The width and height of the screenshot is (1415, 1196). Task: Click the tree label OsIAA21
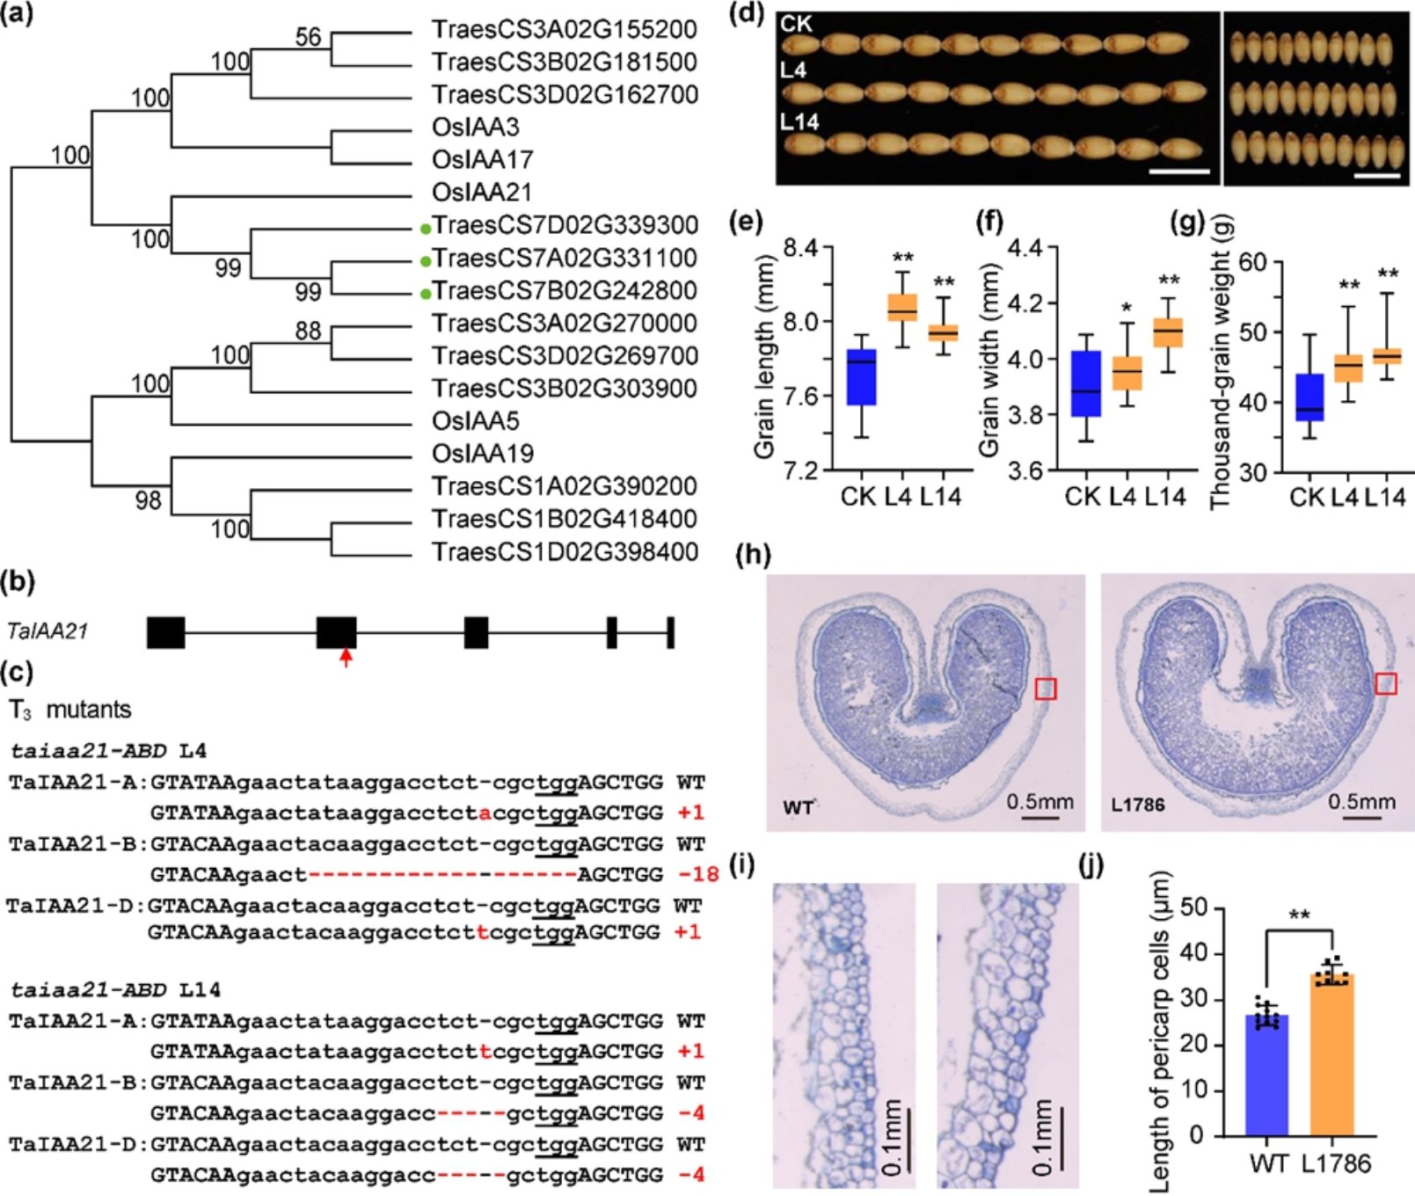[481, 193]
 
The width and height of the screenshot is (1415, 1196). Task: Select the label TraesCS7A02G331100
[565, 259]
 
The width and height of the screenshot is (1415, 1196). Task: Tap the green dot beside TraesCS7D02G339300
[426, 229]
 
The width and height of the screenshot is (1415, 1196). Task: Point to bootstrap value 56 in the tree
[308, 37]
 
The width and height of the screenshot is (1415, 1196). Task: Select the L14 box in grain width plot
[1168, 332]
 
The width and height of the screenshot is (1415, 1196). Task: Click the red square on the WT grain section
[1045, 689]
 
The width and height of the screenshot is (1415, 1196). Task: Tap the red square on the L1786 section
[1385, 683]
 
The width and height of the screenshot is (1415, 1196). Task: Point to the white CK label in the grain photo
[797, 25]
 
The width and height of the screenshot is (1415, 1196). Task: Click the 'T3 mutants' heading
[70, 711]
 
